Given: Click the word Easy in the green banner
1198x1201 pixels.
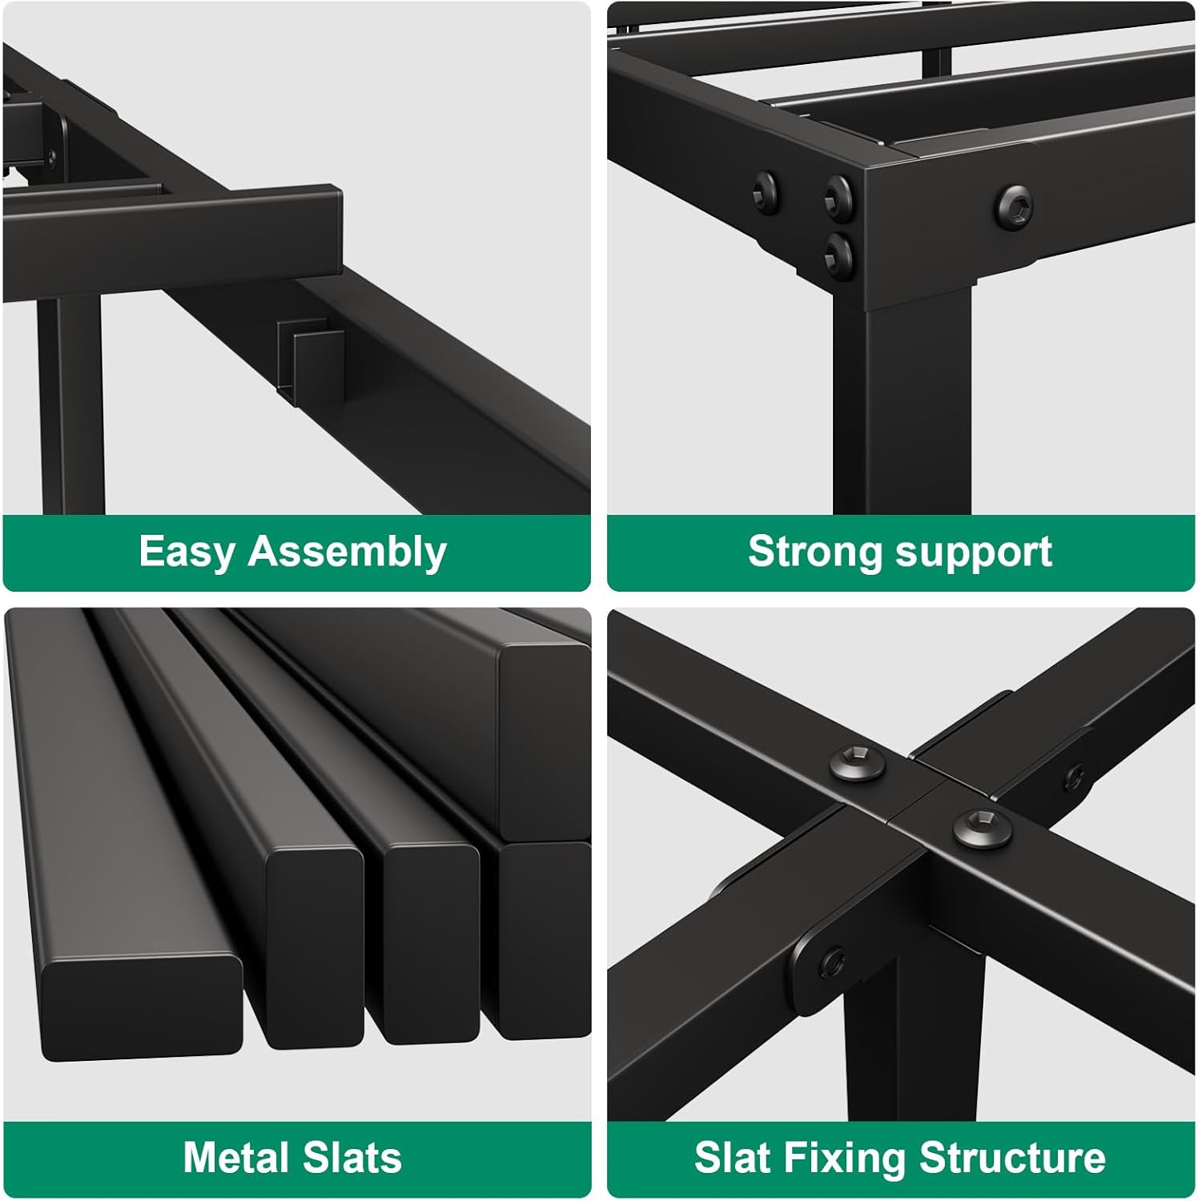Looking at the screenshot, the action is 187,552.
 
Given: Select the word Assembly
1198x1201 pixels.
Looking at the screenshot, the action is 347,552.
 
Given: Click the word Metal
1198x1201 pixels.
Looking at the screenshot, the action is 235,1158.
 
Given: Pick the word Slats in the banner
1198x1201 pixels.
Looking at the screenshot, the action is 350,1158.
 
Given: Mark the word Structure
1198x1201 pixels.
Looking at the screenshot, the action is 1013,1158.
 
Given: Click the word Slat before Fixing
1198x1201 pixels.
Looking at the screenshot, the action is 733,1158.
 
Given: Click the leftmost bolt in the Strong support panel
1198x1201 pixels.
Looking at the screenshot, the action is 764,190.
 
